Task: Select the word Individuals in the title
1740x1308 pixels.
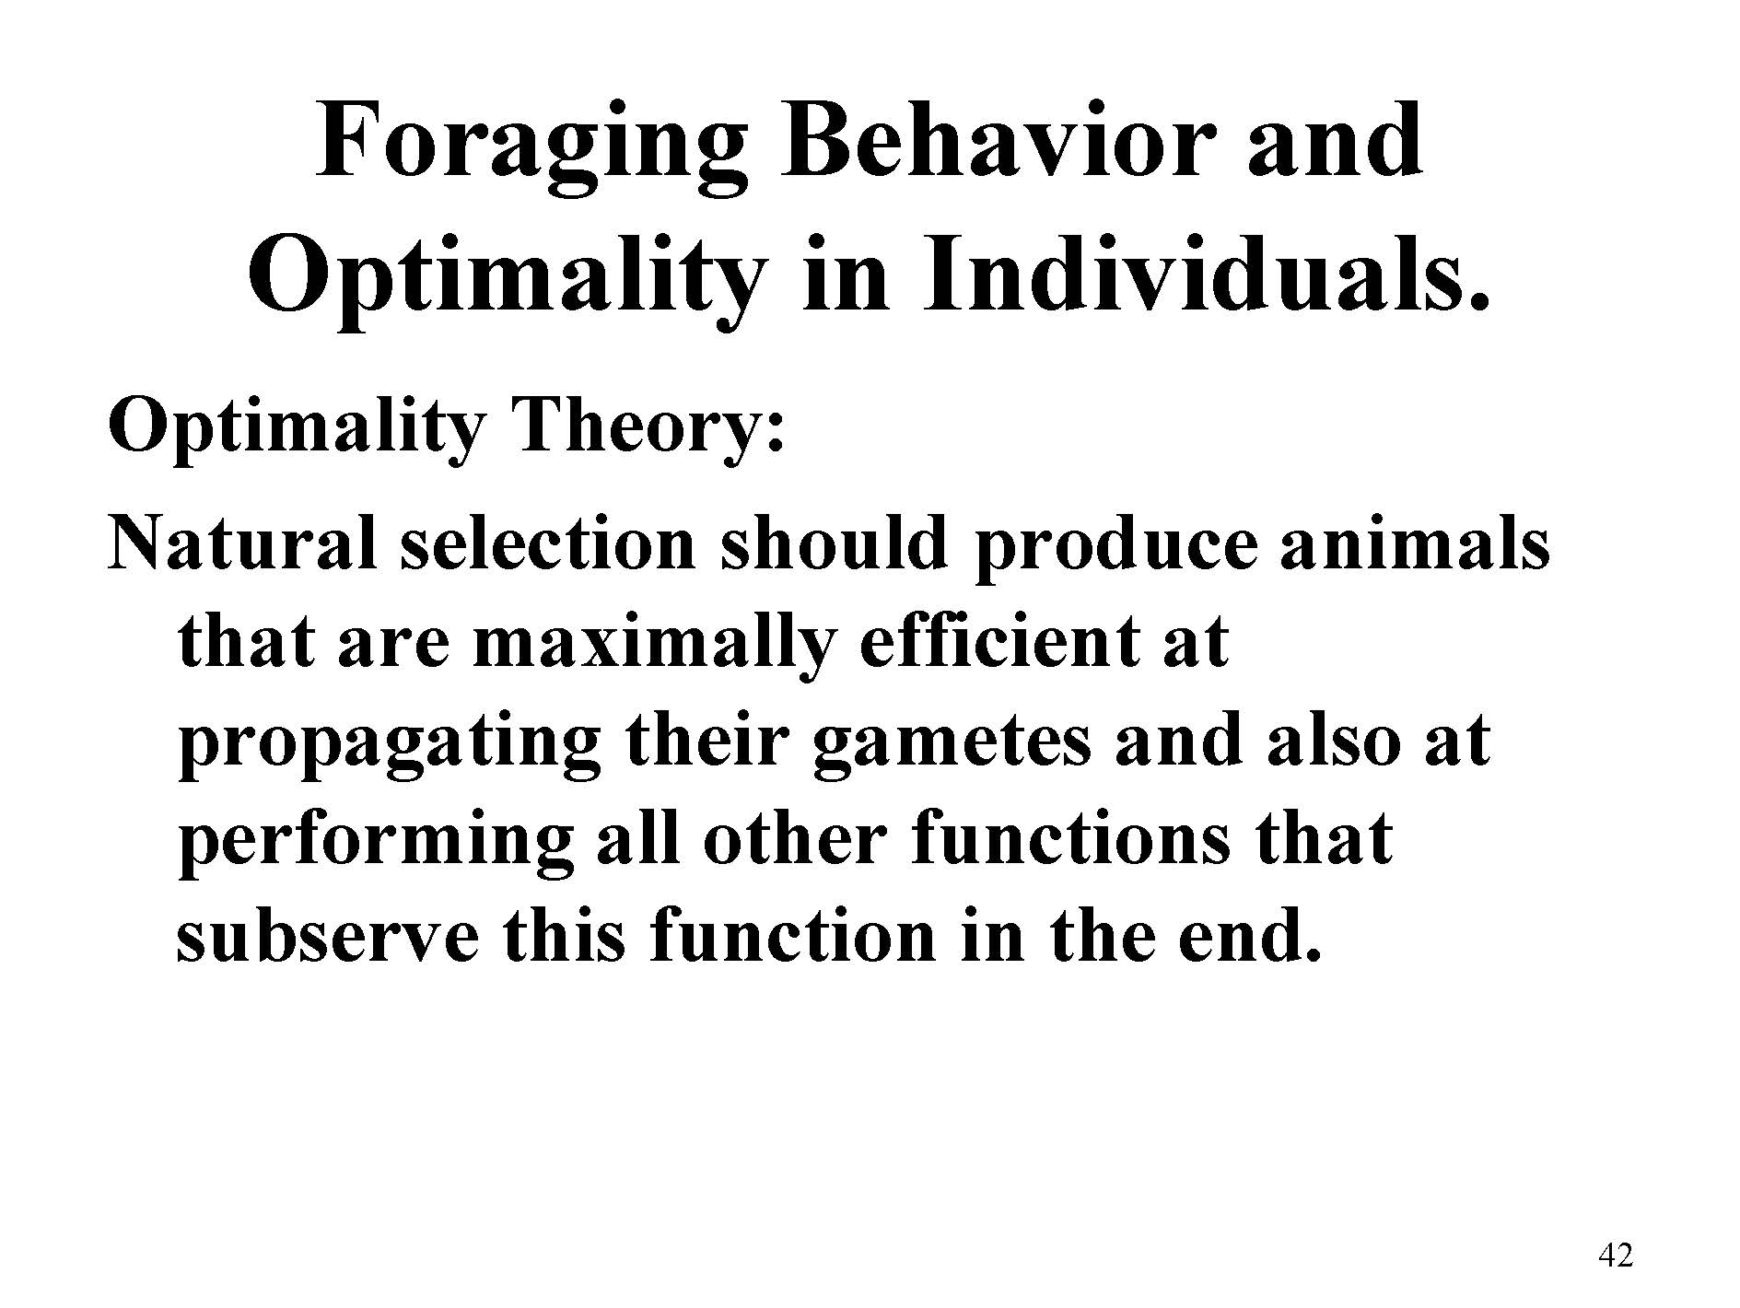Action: [1197, 273]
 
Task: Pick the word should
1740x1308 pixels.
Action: [833, 543]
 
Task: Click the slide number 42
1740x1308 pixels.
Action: [1617, 1255]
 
